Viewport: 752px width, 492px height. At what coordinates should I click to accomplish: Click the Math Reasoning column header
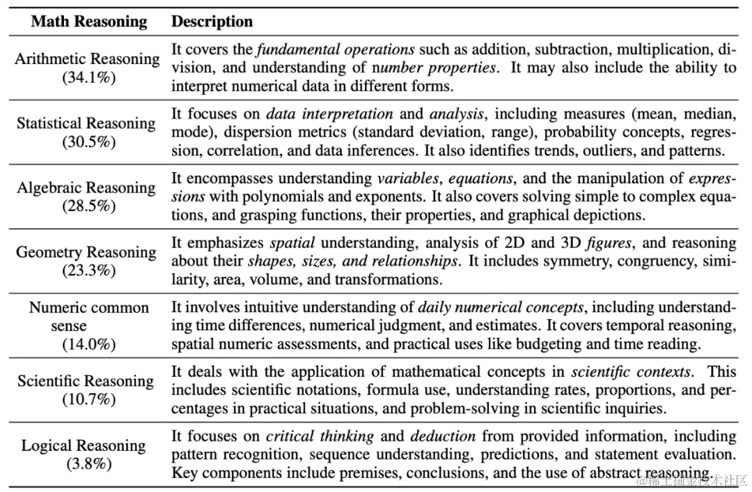(x=89, y=22)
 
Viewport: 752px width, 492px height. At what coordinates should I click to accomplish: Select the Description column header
(x=212, y=22)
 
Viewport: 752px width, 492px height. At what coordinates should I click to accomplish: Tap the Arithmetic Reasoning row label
(x=87, y=59)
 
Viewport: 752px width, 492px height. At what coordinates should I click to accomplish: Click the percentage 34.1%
(x=88, y=77)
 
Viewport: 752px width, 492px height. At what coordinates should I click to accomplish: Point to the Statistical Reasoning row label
(x=86, y=123)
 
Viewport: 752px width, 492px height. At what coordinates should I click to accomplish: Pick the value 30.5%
(x=88, y=141)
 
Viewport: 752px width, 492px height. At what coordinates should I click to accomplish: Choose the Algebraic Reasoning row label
(x=86, y=187)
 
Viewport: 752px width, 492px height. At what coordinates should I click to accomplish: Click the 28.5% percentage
(x=88, y=206)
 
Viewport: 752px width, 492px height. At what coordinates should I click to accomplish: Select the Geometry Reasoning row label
(x=86, y=252)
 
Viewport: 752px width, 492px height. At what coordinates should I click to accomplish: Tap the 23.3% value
(x=88, y=270)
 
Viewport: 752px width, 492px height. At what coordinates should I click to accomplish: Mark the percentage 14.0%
(x=88, y=344)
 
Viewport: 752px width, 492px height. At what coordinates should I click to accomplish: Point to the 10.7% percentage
(x=88, y=399)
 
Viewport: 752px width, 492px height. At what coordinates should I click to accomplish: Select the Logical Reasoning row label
(x=84, y=445)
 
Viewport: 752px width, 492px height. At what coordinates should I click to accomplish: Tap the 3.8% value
(x=88, y=463)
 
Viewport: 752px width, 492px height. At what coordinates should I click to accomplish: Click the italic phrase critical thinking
(x=320, y=436)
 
